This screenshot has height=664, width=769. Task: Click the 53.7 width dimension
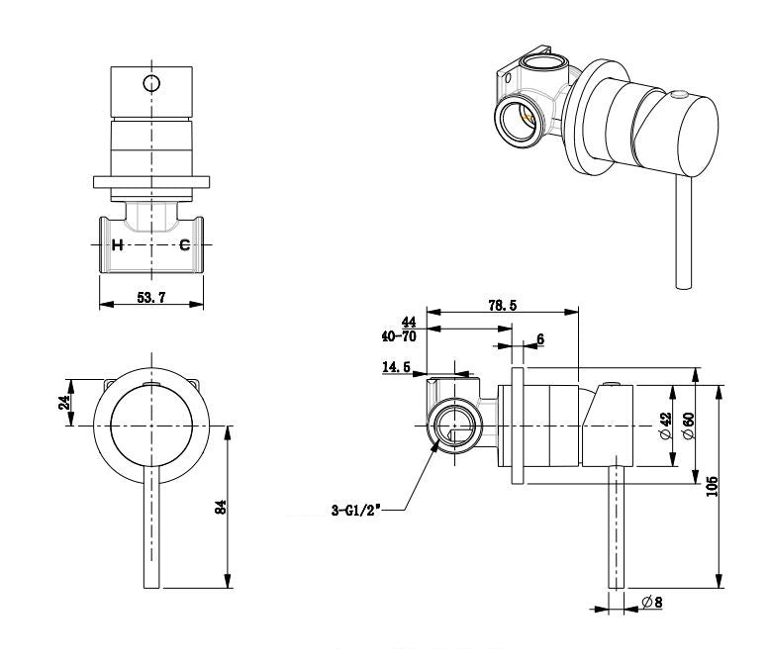click(150, 297)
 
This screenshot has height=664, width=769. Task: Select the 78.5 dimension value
click(502, 306)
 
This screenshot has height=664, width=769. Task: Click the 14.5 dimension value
click(396, 367)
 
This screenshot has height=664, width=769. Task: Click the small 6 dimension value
click(539, 339)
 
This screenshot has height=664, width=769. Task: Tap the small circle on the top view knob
click(150, 82)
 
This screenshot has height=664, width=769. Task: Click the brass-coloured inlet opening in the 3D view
click(520, 122)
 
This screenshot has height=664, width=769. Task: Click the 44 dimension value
click(407, 323)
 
